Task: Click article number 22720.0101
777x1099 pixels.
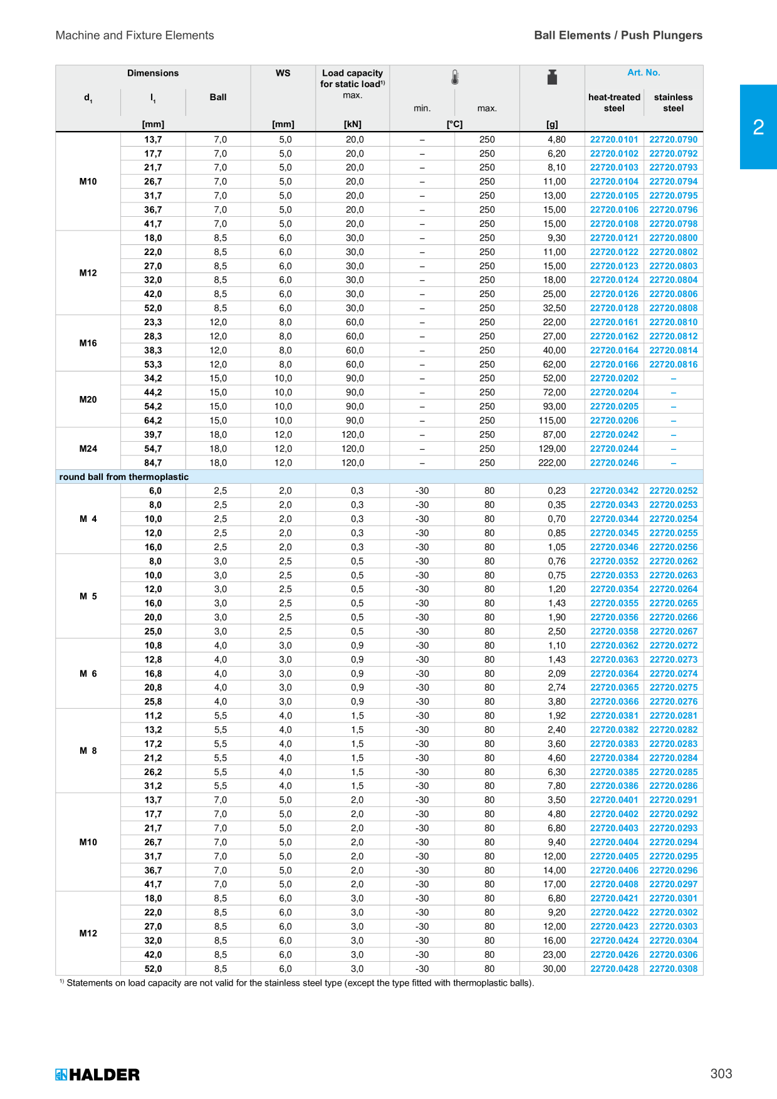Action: click(x=614, y=140)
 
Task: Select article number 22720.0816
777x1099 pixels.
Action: click(x=673, y=365)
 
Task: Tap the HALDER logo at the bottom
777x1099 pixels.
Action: click(x=97, y=1075)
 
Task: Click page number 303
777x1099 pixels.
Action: click(x=721, y=1074)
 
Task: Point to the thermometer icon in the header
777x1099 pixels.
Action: click(x=455, y=78)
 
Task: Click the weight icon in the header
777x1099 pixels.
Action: click(x=552, y=77)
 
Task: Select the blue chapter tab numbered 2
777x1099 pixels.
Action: click(x=758, y=127)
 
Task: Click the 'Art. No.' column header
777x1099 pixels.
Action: click(x=644, y=73)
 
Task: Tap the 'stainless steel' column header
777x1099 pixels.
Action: click(x=673, y=103)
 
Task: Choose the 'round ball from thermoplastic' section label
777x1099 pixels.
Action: click(x=124, y=477)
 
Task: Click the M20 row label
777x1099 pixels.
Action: click(x=88, y=400)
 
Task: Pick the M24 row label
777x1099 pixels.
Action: click(x=88, y=449)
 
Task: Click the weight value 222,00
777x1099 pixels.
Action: click(x=552, y=463)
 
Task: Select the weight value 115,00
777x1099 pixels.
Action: click(x=552, y=421)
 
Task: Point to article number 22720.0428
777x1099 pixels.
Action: click(x=614, y=969)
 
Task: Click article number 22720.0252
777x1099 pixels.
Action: click(x=673, y=491)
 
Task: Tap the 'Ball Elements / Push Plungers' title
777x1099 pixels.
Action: click(x=618, y=36)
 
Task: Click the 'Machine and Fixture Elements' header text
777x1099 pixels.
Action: click(x=135, y=36)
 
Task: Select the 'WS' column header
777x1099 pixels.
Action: click(x=283, y=73)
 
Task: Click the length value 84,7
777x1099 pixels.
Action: click(x=153, y=463)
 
